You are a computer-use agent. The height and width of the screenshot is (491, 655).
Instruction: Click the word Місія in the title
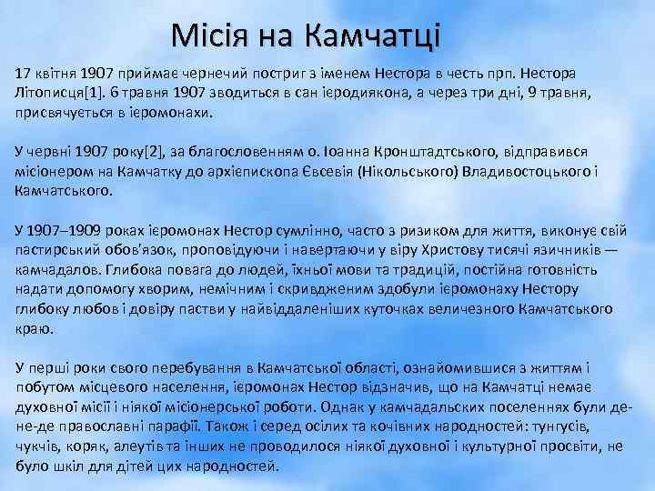click(216, 36)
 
